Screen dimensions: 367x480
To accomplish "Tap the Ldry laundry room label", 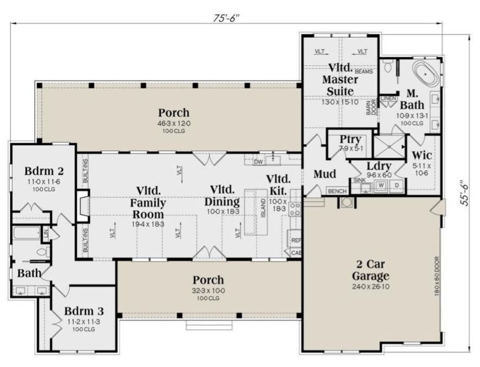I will pyautogui.click(x=374, y=166).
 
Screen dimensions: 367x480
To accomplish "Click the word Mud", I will pyautogui.click(x=323, y=174).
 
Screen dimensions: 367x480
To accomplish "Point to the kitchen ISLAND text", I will pyautogui.click(x=264, y=211).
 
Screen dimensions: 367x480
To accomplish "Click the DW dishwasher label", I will pyautogui.click(x=258, y=162).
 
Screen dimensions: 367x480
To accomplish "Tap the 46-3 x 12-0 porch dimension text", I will pyautogui.click(x=174, y=124).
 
